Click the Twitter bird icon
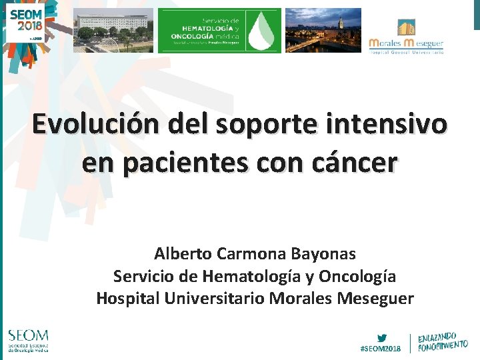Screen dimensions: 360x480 point(382,337)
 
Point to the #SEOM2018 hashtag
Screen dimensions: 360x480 point(381,349)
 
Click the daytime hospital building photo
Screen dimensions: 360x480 point(113,31)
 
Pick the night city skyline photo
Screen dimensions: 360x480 point(323,31)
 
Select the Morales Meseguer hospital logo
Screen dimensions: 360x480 point(406,37)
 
